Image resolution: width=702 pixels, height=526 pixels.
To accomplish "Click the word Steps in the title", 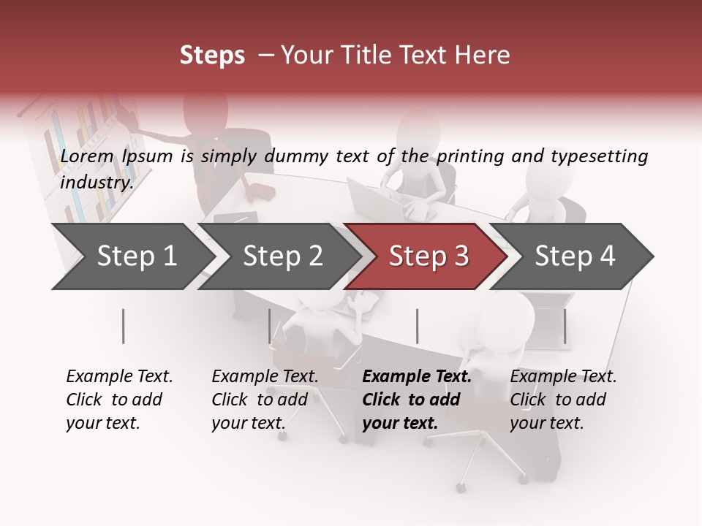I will click(x=212, y=56).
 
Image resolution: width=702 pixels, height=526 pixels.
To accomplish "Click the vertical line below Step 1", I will click(x=124, y=326).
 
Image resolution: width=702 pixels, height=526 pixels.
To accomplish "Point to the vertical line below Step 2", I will click(x=270, y=326).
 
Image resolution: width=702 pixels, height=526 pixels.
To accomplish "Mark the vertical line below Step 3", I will click(x=417, y=326).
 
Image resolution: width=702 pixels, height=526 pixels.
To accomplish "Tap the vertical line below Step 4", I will click(x=565, y=326).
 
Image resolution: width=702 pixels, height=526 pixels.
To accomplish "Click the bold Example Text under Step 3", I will click(x=417, y=377).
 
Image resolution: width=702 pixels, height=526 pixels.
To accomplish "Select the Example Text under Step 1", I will click(x=119, y=377).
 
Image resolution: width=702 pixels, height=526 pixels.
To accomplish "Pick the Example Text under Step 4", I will click(x=563, y=377).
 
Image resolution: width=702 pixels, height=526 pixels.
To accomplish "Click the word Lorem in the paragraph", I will click(x=87, y=156).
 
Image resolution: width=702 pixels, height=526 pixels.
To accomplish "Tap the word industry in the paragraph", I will click(x=96, y=183).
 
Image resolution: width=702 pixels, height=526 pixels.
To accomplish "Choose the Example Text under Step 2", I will click(x=265, y=377).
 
